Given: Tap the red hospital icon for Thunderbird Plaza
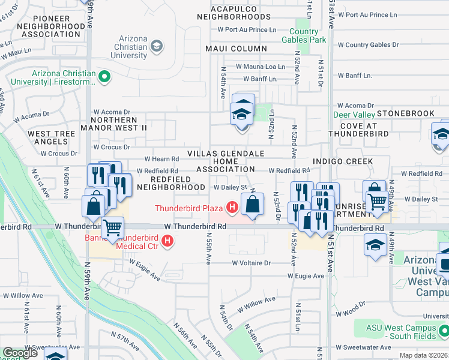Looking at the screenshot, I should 232,208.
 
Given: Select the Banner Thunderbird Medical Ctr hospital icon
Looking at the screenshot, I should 168,242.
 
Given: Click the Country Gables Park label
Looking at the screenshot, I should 308,35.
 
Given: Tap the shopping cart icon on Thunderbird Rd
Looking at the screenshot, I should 112,229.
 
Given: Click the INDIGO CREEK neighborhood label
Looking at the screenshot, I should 343,161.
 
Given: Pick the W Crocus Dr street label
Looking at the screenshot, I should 111,147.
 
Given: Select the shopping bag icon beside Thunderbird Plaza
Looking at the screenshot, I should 253,204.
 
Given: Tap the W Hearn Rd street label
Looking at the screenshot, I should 162,159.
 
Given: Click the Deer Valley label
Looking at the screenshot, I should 355,114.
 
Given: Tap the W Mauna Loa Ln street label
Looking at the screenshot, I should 260,66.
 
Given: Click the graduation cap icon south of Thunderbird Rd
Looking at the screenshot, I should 376,245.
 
